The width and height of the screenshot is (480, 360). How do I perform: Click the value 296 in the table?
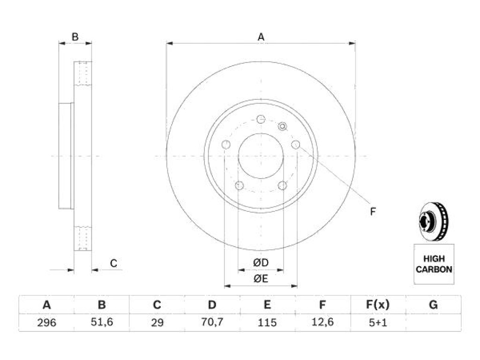[x=46, y=322]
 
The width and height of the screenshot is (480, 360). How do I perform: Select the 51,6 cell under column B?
[x=102, y=322]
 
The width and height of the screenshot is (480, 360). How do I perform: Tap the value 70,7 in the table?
[x=212, y=322]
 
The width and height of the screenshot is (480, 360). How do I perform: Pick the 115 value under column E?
[x=267, y=322]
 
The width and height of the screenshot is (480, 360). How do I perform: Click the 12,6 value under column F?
[x=322, y=322]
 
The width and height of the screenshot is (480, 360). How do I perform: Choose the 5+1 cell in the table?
[x=378, y=322]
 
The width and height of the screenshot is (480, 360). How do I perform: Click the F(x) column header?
[x=378, y=305]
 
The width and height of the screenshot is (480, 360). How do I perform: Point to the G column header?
[x=433, y=305]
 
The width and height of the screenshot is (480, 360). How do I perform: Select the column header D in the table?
[x=212, y=305]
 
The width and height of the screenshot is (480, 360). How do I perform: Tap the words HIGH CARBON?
[x=434, y=264]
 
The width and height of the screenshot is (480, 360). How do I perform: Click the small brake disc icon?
[x=434, y=222]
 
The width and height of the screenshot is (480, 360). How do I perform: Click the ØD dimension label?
[x=261, y=262]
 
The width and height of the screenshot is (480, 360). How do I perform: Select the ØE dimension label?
[x=261, y=278]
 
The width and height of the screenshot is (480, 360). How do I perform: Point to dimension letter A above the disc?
[x=261, y=37]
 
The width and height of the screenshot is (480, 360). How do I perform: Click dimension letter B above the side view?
[x=75, y=37]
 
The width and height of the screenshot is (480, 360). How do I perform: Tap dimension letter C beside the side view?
[x=113, y=263]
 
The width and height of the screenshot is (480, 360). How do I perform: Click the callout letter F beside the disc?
[x=373, y=211]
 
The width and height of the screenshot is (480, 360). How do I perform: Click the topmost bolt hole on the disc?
[x=261, y=119]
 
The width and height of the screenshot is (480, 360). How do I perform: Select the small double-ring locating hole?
[x=283, y=126]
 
